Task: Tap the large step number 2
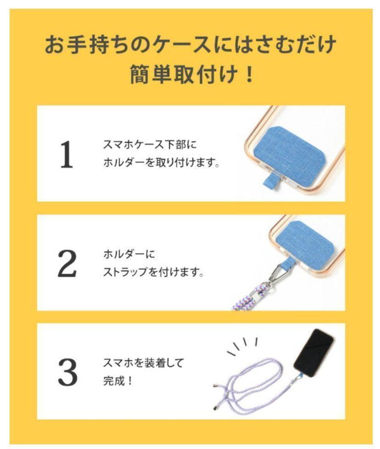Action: click(67, 263)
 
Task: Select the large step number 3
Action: click(68, 372)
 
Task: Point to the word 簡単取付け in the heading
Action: click(184, 74)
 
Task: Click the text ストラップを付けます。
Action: click(154, 272)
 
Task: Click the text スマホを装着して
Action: click(143, 363)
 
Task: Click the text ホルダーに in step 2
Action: click(129, 254)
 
